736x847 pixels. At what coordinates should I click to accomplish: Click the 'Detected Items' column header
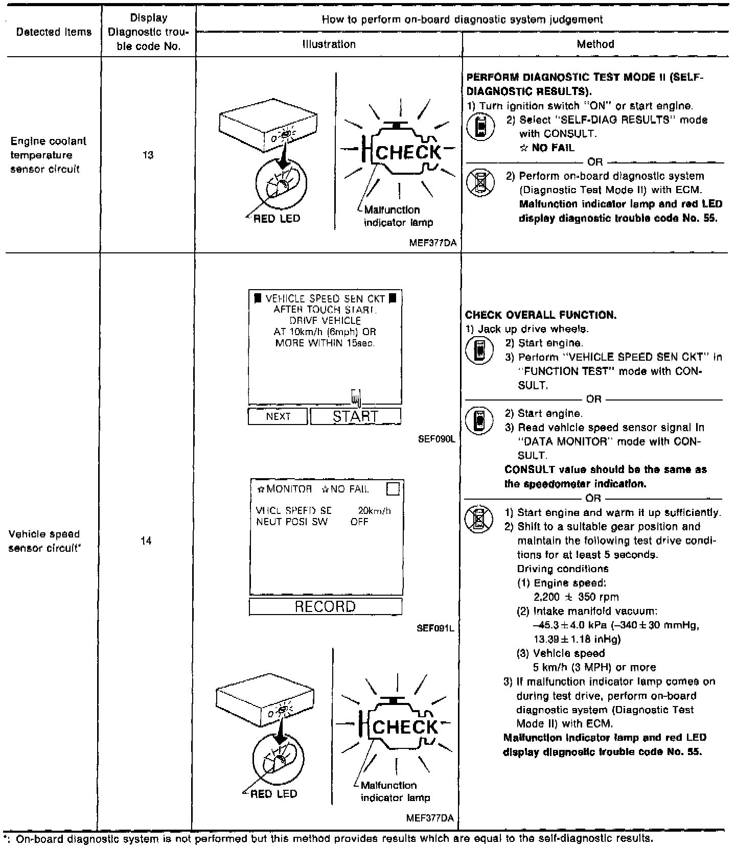pyautogui.click(x=54, y=32)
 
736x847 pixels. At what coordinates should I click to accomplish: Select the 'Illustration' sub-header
pyautogui.click(x=329, y=44)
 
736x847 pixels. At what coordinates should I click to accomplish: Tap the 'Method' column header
pyautogui.click(x=595, y=44)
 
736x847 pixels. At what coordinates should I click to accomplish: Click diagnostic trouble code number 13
pyautogui.click(x=148, y=155)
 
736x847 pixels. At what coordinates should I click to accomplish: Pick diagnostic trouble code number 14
pyautogui.click(x=146, y=540)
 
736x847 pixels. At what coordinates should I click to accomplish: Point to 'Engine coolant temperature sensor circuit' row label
pyautogui.click(x=49, y=155)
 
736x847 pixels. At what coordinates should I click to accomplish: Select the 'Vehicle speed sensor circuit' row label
pyautogui.click(x=45, y=541)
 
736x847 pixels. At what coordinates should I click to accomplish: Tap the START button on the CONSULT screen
pyautogui.click(x=355, y=416)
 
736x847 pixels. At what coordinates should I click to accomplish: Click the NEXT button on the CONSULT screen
pyautogui.click(x=278, y=416)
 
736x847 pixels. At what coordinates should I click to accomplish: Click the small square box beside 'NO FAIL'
pyautogui.click(x=393, y=489)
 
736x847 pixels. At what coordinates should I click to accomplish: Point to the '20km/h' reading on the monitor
pyautogui.click(x=374, y=510)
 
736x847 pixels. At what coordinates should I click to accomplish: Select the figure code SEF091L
pyautogui.click(x=435, y=628)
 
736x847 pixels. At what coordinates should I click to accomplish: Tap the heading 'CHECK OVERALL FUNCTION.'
pyautogui.click(x=541, y=315)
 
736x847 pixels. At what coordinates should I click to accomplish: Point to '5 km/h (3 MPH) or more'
pyautogui.click(x=594, y=667)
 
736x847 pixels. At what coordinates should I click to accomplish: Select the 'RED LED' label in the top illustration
pyautogui.click(x=277, y=219)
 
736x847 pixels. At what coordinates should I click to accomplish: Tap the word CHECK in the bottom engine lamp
pyautogui.click(x=405, y=726)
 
